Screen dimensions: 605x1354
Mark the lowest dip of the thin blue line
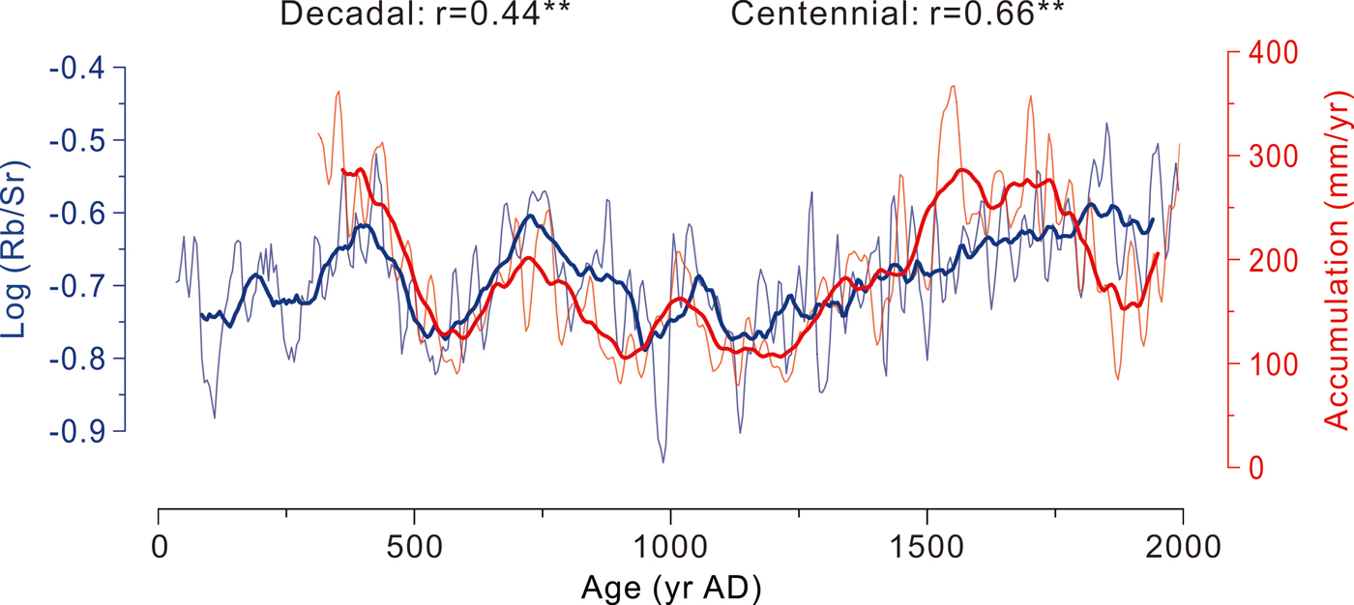coord(663,462)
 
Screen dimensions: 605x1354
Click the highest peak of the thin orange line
coord(954,86)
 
